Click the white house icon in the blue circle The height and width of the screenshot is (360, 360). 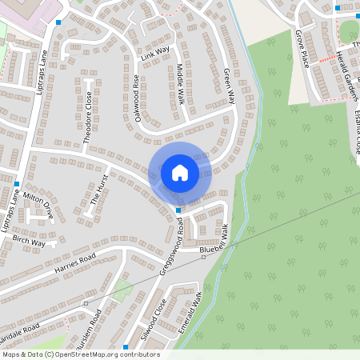[x=179, y=172]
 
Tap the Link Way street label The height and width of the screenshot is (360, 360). [x=156, y=54]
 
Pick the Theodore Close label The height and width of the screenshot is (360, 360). [x=88, y=121]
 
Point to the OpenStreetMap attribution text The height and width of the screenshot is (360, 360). [x=81, y=354]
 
